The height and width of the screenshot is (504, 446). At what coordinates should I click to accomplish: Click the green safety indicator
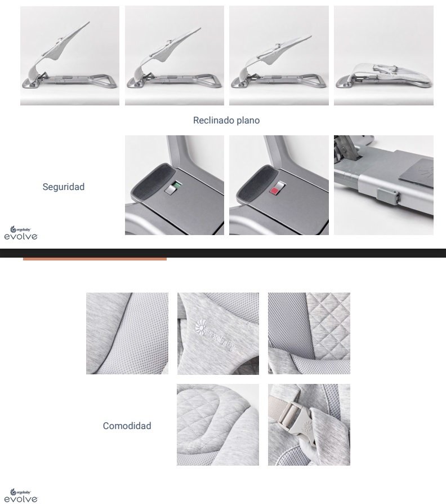177,185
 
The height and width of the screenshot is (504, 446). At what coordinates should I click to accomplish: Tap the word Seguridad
64,187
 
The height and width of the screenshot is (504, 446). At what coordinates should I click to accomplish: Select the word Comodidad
127,426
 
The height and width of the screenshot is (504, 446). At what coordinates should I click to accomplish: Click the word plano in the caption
248,121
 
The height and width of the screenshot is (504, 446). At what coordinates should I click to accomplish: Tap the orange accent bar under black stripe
95,259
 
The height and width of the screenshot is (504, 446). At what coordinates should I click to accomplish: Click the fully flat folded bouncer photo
383,56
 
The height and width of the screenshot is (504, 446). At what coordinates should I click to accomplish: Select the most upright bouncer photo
70,56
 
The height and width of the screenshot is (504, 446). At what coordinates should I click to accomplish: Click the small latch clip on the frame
388,196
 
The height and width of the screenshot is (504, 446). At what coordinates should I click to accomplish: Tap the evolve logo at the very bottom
21,496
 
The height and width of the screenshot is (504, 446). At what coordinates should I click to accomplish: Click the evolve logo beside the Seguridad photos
21,233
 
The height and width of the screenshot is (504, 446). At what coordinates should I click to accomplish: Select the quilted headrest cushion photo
218,425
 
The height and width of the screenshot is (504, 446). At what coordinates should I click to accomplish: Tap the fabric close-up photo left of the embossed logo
127,333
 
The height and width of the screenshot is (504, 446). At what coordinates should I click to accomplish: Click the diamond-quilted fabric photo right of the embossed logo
309,333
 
